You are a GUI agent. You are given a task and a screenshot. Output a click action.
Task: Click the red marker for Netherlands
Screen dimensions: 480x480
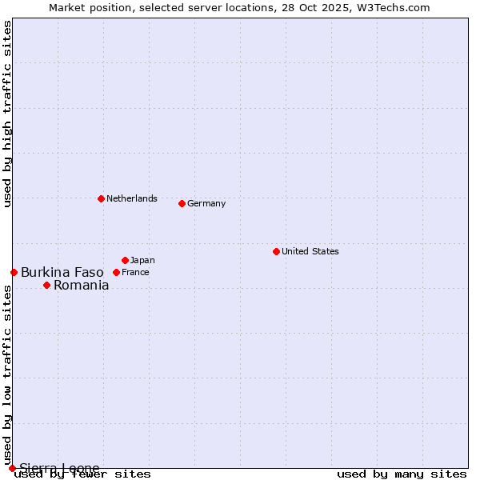[x=101, y=198]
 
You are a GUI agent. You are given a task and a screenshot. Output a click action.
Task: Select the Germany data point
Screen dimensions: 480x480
[x=182, y=203]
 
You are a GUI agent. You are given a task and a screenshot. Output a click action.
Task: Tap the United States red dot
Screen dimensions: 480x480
[x=276, y=251]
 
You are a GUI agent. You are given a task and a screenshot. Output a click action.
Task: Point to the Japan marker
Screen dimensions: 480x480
[x=125, y=260]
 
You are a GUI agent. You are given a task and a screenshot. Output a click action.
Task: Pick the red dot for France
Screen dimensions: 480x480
[x=116, y=272]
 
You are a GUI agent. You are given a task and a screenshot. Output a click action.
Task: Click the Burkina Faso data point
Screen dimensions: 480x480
[x=14, y=272]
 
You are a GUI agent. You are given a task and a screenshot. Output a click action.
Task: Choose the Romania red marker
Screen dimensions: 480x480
[x=46, y=285]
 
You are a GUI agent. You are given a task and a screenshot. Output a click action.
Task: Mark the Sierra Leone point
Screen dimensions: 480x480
[x=12, y=468]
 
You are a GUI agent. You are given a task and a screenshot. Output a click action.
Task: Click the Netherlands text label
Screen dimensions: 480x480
[x=132, y=198]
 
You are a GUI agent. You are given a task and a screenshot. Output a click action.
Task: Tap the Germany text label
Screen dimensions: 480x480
[x=206, y=203]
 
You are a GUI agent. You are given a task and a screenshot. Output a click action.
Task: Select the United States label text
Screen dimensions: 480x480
[x=310, y=251]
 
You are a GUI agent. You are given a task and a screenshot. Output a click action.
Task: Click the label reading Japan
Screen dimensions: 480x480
[x=142, y=260]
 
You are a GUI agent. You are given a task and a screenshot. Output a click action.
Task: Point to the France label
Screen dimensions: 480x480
[x=135, y=272]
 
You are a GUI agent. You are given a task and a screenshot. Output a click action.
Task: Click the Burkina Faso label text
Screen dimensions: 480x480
[x=62, y=272]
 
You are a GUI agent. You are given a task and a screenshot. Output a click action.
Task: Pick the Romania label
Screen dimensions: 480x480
[x=82, y=285]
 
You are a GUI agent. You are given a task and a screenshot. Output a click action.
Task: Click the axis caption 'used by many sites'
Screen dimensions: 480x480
[x=402, y=474]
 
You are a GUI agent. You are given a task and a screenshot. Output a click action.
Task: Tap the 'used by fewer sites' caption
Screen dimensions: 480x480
[x=82, y=474]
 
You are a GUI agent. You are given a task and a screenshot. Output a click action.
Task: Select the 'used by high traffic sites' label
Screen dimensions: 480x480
[x=8, y=114]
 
